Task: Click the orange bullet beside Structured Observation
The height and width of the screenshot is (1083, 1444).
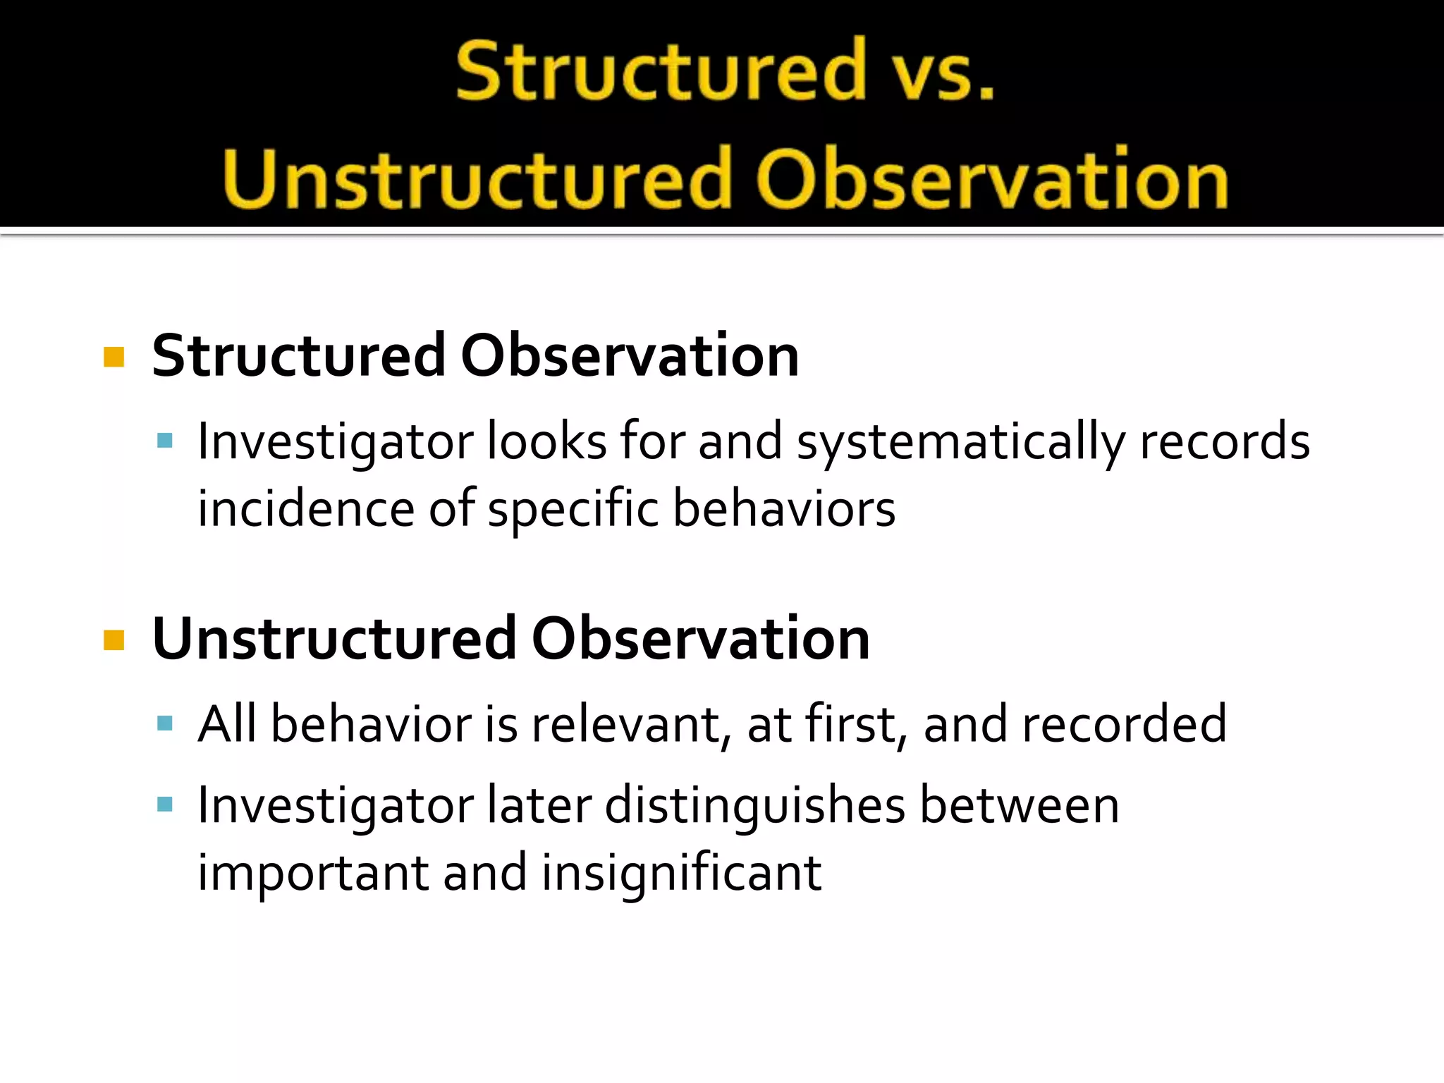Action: pyautogui.click(x=114, y=357)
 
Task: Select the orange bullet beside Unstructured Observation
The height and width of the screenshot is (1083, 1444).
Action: pyautogui.click(x=114, y=640)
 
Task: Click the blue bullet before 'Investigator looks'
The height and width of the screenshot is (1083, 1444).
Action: pyautogui.click(x=165, y=442)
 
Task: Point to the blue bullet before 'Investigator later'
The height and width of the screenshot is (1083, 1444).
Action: pyautogui.click(x=165, y=804)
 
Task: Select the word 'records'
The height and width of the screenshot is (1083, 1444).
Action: pyautogui.click(x=1224, y=442)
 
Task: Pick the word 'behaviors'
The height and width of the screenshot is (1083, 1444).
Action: pyautogui.click(x=783, y=509)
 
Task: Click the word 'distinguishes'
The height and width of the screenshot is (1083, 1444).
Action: pyautogui.click(x=754, y=807)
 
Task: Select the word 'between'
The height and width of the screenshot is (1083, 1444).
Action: pyautogui.click(x=1020, y=805)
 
